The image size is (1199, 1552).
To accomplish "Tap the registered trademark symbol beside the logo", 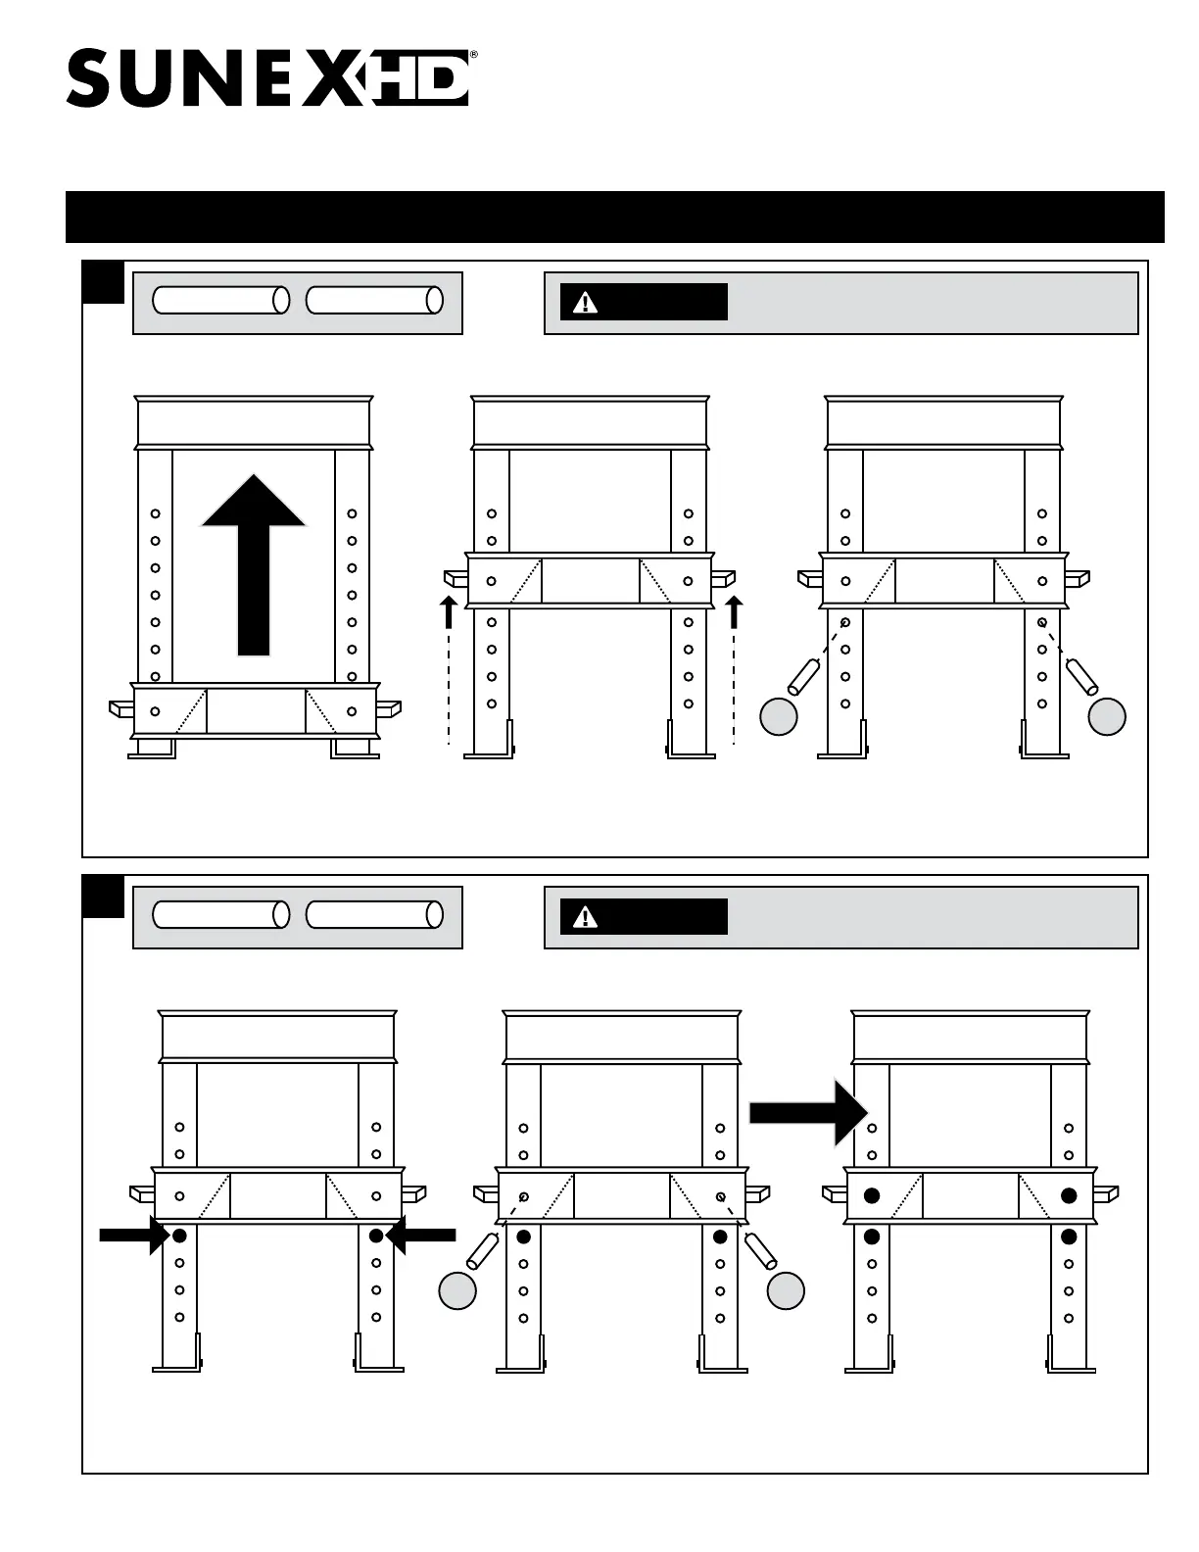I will point(474,56).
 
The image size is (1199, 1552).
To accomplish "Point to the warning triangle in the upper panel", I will point(585,303).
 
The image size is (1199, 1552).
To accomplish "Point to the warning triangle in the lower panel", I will point(585,917).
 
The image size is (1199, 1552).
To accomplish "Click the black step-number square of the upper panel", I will point(103,282).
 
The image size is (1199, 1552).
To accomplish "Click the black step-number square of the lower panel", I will point(103,897).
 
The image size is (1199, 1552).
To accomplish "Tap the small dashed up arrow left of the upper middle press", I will point(449,612).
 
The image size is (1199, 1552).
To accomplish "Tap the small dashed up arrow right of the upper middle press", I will point(734,612).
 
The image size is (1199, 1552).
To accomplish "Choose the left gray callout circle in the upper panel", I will point(779,717).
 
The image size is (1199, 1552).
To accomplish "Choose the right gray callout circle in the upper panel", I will point(1107,717).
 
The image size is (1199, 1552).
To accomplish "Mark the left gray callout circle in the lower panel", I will point(457,1291).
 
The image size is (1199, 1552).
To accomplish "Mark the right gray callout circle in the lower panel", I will point(786,1291).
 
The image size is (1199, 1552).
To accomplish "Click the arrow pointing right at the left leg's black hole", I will point(132,1237).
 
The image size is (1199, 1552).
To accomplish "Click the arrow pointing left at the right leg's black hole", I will point(423,1237).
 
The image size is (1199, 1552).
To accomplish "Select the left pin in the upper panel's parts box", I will point(221,301).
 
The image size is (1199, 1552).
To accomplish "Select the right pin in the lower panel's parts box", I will point(374,914).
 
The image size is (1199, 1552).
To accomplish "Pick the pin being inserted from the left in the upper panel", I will point(803,677).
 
